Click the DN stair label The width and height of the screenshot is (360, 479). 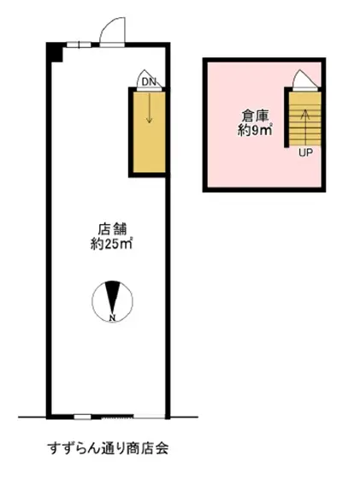coord(149,81)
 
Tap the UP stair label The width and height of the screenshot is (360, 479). coord(305,152)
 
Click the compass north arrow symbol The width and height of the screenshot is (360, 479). coord(112,301)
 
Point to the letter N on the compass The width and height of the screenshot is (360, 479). coord(112,317)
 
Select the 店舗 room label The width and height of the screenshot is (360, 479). coord(112,229)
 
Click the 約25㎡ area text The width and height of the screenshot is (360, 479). coord(111,244)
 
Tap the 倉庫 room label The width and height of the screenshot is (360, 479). coord(256,116)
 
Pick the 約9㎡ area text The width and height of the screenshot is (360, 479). coord(256,130)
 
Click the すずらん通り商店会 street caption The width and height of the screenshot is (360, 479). coord(108,448)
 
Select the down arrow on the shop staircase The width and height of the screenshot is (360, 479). coord(149,108)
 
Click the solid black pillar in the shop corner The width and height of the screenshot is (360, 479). coord(55,52)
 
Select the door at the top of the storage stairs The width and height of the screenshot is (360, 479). coord(305,80)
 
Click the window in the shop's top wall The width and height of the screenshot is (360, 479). coord(79,44)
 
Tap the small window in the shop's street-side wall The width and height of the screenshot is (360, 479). coord(82,417)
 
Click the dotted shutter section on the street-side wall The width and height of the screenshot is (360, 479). coord(117,416)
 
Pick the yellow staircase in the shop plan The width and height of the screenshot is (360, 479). coord(149,132)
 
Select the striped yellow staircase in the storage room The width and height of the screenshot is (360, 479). coord(305,119)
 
